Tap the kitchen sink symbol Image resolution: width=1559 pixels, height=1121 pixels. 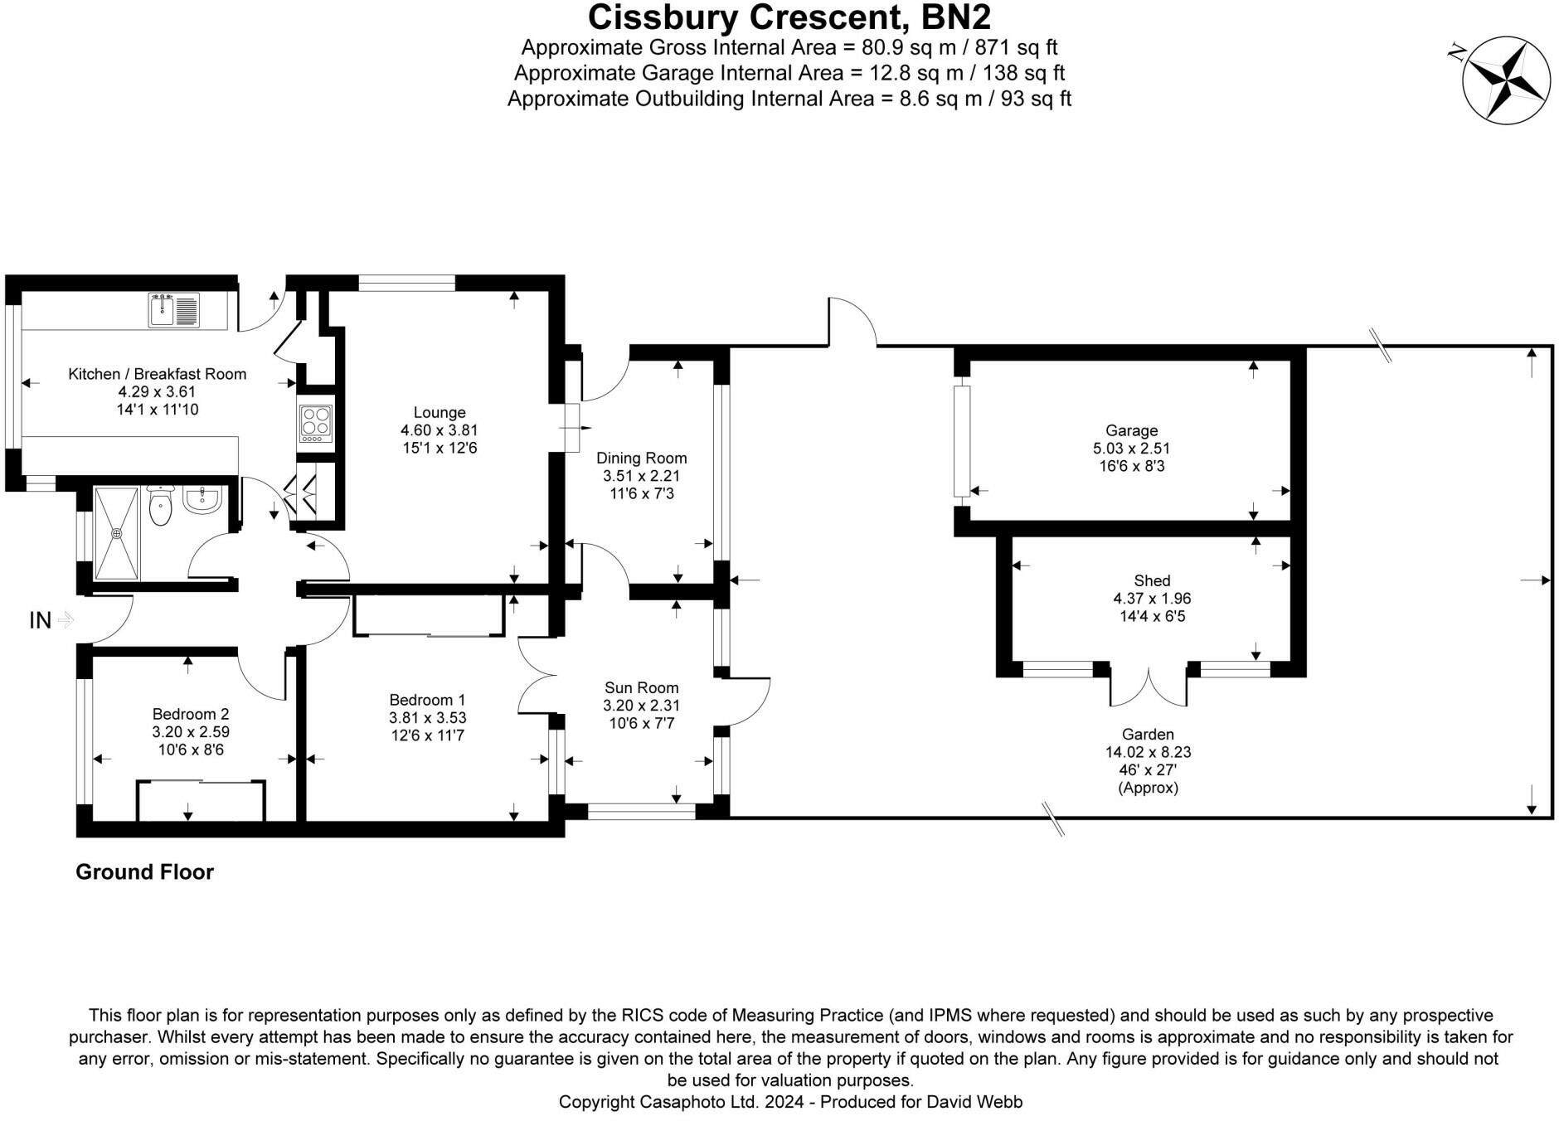click(174, 309)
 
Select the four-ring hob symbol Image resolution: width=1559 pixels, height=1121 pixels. click(316, 422)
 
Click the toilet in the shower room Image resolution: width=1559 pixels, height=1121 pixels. click(160, 505)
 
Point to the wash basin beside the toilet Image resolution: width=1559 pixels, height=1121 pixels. click(202, 499)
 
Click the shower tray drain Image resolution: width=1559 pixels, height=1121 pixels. click(117, 533)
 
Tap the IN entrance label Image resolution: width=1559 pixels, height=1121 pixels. click(40, 620)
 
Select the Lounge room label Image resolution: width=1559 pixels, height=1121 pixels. click(440, 412)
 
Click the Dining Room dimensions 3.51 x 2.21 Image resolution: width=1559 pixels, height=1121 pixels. click(641, 476)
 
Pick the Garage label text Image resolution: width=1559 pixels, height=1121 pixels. click(1131, 430)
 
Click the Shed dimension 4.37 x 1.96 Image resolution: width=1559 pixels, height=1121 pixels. click(1152, 598)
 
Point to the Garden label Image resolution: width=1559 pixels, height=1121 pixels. click(1148, 734)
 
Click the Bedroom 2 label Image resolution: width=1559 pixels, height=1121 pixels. click(191, 714)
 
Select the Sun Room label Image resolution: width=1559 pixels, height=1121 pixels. click(641, 687)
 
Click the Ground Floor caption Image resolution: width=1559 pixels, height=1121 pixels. click(144, 871)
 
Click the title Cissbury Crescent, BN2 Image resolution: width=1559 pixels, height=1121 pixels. click(789, 17)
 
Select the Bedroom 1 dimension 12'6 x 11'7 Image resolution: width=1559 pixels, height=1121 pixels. click(427, 735)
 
